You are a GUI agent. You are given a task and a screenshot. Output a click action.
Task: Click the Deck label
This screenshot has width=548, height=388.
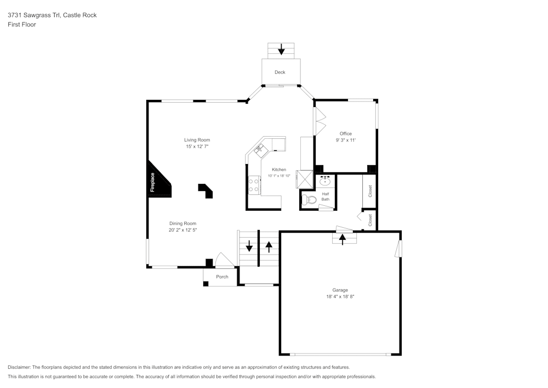click(x=280, y=72)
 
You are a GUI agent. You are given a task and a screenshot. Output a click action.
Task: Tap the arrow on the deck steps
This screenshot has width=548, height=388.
click(x=281, y=50)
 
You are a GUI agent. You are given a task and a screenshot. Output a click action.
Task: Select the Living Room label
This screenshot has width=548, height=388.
click(x=197, y=140)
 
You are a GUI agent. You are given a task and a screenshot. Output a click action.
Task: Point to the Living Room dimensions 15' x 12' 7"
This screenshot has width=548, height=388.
click(x=197, y=147)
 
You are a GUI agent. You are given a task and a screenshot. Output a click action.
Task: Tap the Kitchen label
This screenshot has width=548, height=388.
click(x=279, y=170)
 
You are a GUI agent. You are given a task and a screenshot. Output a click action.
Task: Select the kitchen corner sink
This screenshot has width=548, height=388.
click(x=259, y=148)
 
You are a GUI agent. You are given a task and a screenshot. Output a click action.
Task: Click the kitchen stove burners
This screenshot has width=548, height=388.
click(x=254, y=185)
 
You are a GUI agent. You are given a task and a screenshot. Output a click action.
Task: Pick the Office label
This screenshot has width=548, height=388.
click(x=345, y=133)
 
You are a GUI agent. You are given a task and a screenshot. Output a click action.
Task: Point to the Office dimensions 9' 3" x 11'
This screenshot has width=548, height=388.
click(x=345, y=140)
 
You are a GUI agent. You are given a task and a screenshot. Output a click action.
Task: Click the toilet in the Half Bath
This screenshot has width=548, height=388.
click(x=310, y=200)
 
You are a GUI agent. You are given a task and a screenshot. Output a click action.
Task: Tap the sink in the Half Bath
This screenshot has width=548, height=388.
click(x=325, y=182)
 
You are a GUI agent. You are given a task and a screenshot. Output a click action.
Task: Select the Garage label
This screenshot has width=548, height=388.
click(x=340, y=290)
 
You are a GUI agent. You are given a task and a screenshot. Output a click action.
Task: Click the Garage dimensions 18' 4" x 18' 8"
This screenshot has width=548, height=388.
click(x=340, y=297)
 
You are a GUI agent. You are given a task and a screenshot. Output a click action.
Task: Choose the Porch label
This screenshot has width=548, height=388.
click(x=222, y=277)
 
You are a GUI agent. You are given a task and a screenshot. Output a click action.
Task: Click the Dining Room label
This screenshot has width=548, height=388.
click(x=182, y=223)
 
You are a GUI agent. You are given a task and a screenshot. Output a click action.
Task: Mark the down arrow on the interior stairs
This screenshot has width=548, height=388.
click(x=249, y=246)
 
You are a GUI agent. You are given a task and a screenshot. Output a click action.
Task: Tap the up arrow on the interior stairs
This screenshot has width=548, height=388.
click(x=269, y=246)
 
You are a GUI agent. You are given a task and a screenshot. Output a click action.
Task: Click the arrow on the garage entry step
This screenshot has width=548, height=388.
click(x=343, y=239)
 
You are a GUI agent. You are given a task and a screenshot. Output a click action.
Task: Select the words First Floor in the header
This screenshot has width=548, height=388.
click(x=22, y=25)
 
